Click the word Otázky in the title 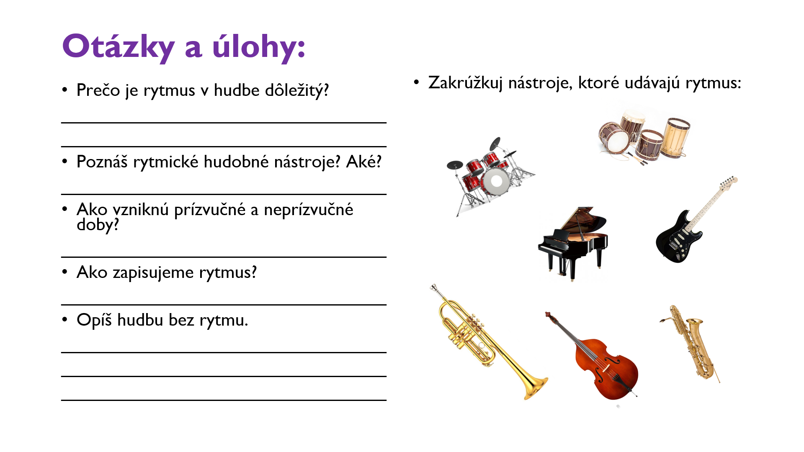pyautogui.click(x=119, y=47)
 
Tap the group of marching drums pyautogui.click(x=644, y=136)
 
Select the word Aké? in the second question pyautogui.click(x=364, y=162)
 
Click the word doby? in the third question pyautogui.click(x=98, y=225)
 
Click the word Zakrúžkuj pyautogui.click(x=465, y=83)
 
